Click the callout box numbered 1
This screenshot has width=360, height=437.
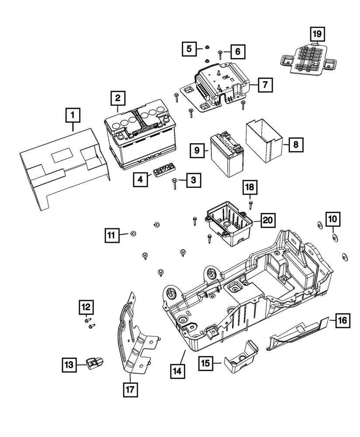[x=73, y=115]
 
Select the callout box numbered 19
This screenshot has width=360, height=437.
[x=318, y=33]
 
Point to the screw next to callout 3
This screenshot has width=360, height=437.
[x=175, y=183]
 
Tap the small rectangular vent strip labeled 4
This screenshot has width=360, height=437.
[x=163, y=170]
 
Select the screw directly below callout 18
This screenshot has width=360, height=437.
[x=251, y=205]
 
